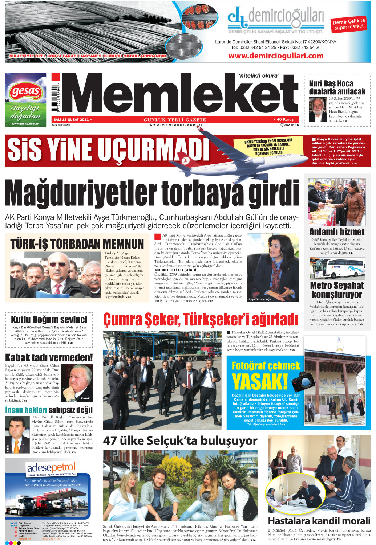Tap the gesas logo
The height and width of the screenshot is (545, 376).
[x=25, y=91]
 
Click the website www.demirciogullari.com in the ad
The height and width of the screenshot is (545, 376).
[x=276, y=56]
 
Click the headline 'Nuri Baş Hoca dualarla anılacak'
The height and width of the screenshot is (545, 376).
[x=337, y=87]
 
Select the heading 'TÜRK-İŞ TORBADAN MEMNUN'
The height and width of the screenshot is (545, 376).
[x=77, y=243]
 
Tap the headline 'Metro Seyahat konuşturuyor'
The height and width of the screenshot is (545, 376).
[x=337, y=290]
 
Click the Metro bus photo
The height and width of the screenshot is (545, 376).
[x=337, y=268]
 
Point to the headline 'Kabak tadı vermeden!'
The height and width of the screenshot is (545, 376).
[x=49, y=357]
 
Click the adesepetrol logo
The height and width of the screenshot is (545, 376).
[x=51, y=468]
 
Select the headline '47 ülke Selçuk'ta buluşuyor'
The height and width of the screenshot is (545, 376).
[x=180, y=441]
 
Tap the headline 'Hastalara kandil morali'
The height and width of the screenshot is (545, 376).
[x=319, y=521]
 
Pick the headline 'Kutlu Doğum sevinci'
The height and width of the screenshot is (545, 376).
[x=49, y=320]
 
